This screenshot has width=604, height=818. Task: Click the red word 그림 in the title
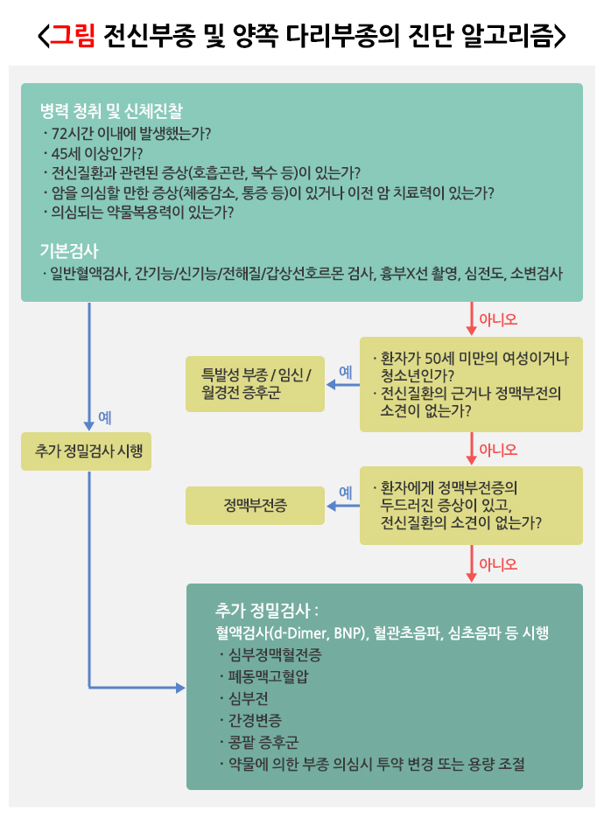pyautogui.click(x=73, y=36)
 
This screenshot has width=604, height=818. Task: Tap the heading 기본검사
pyautogui.click(x=69, y=250)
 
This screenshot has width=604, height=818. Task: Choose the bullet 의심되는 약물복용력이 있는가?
pyautogui.click(x=141, y=212)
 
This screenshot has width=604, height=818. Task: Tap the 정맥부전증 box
pyautogui.click(x=255, y=505)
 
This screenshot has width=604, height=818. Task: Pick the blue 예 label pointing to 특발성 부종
pyautogui.click(x=345, y=372)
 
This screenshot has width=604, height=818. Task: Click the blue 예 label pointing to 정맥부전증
pyautogui.click(x=345, y=493)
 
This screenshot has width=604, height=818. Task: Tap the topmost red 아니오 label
pyautogui.click(x=498, y=319)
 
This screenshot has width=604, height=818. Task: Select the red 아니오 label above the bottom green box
pyautogui.click(x=498, y=564)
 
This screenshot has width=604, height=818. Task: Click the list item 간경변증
pyautogui.click(x=255, y=720)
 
